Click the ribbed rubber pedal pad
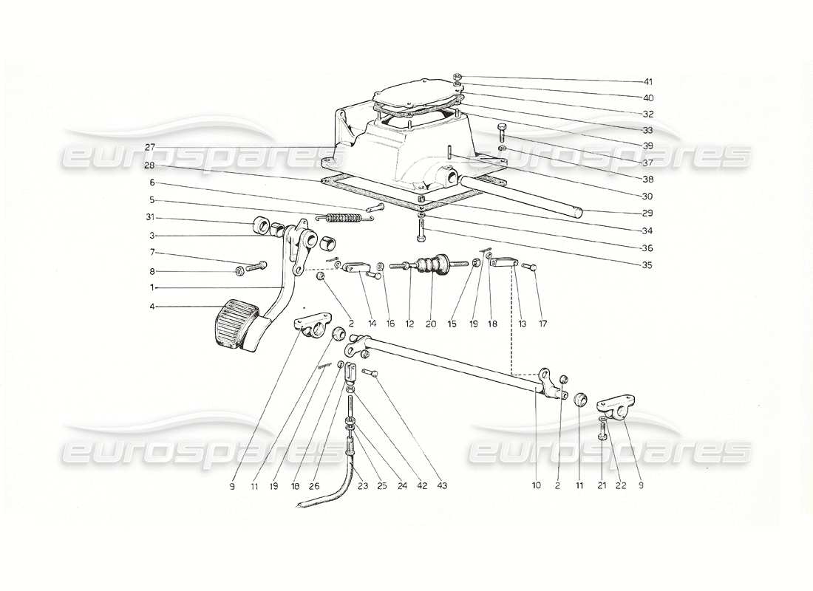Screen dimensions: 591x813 (x=235, y=323)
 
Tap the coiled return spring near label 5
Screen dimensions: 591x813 (x=342, y=218)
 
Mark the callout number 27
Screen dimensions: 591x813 (x=151, y=146)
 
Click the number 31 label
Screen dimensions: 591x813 (x=151, y=218)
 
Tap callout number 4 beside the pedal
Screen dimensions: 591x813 (x=151, y=307)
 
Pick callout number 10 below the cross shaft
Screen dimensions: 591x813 (x=536, y=486)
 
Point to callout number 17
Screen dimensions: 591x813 (x=544, y=324)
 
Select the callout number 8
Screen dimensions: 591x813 (x=151, y=271)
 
